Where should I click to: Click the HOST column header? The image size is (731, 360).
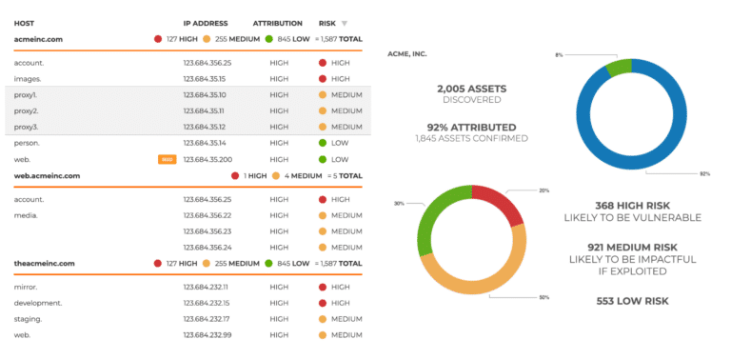click(25, 23)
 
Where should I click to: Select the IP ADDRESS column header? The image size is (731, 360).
click(206, 23)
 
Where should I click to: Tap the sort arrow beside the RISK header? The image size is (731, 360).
click(345, 23)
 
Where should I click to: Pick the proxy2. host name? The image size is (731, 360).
click(28, 110)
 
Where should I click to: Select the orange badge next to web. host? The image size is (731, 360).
click(166, 159)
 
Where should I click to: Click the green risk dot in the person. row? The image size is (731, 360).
click(323, 143)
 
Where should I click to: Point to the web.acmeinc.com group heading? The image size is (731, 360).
click(47, 176)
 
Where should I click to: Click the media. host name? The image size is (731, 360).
click(27, 215)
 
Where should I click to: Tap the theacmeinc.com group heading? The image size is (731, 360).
click(45, 263)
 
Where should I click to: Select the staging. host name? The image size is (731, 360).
click(30, 318)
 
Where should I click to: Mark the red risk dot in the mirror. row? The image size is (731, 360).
click(323, 286)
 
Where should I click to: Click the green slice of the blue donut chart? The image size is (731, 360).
click(619, 67)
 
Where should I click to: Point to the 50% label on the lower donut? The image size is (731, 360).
click(543, 298)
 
